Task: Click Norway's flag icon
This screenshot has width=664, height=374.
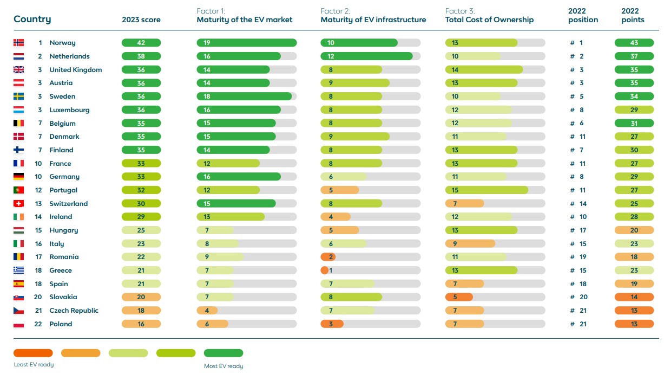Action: (x=18, y=43)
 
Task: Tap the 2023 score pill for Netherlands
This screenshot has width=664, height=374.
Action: (x=141, y=56)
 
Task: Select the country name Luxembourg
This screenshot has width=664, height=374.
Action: (x=69, y=110)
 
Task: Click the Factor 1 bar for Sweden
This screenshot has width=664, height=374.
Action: (x=244, y=96)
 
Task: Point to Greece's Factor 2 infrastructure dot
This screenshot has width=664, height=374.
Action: (x=325, y=270)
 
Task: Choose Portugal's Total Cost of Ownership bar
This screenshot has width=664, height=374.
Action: (x=487, y=190)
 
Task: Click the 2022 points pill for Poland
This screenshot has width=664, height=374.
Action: (x=634, y=324)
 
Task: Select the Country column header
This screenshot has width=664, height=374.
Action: (x=32, y=20)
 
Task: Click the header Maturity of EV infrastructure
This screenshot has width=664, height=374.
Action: (x=373, y=20)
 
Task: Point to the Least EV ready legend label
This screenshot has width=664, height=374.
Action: (x=34, y=365)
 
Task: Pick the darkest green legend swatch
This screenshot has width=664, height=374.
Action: (x=223, y=353)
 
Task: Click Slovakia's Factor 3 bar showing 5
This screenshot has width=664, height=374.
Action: (x=459, y=297)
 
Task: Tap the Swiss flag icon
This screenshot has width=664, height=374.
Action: (x=18, y=204)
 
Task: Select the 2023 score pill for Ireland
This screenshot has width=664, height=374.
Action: (x=141, y=217)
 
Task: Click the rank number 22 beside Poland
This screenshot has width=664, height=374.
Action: (x=38, y=324)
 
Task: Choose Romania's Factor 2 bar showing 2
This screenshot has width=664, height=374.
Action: (x=328, y=257)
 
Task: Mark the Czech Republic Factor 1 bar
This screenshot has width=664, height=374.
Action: (x=207, y=311)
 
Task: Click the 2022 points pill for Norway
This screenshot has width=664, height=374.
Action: (x=634, y=43)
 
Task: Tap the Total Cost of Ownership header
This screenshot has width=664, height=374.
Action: (x=489, y=20)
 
